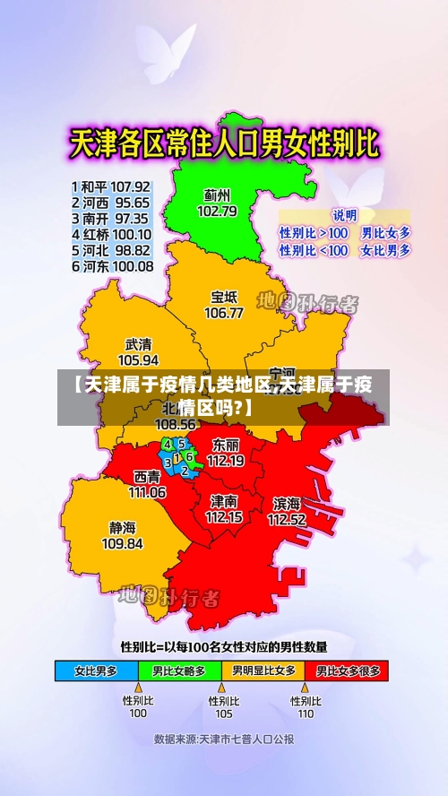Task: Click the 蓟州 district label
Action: (217, 195)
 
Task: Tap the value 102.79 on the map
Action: (217, 211)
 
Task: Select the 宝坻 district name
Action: (224, 297)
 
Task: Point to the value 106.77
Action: (224, 313)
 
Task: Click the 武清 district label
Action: (138, 343)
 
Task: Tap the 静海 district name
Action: (123, 527)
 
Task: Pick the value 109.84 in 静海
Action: (123, 543)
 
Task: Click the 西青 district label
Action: (147, 476)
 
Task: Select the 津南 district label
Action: (224, 500)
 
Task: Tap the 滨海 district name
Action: (287, 503)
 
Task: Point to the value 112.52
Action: (287, 518)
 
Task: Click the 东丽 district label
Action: (225, 445)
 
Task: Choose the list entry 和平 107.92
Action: (110, 186)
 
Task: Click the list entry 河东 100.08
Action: (110, 266)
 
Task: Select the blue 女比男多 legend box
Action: (97, 670)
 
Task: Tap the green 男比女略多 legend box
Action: (179, 670)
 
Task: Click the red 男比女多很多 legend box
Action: (346, 670)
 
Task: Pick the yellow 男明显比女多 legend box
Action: (263, 670)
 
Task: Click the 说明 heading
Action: (344, 215)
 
